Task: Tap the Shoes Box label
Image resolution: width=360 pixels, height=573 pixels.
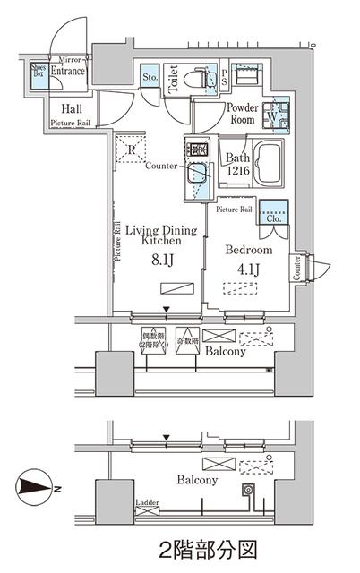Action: pos(39,71)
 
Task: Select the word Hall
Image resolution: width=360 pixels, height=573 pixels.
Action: pos(61,107)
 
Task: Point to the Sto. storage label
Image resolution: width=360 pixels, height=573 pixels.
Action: pos(150,77)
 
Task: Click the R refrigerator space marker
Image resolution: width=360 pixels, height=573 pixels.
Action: pos(132,150)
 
